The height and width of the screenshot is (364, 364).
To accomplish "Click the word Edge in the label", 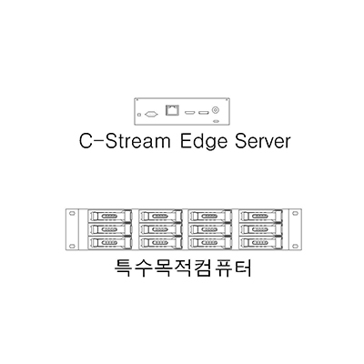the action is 204,142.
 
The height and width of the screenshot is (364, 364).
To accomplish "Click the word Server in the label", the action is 263,142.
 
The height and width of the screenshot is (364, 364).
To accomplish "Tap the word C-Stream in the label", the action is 125,142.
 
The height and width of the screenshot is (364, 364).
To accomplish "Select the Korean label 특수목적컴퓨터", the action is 183,268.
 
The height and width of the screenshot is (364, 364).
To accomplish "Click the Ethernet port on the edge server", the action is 172,110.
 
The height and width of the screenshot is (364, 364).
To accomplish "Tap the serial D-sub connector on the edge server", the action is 151,114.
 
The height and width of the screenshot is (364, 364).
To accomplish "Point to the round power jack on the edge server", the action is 216,110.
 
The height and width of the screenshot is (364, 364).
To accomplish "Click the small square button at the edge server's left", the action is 139,115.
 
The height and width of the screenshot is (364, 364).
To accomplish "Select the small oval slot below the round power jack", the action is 216,121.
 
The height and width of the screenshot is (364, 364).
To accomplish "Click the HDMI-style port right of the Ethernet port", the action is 189,113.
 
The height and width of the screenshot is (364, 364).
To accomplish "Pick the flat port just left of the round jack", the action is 204,113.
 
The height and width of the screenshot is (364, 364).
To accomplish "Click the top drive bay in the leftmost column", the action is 109,217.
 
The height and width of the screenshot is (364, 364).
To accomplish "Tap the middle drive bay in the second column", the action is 160,229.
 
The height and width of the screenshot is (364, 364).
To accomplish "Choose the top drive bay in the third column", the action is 210,217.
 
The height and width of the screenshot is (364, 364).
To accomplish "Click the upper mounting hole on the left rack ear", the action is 72,213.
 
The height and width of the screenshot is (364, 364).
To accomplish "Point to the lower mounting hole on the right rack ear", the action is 295,246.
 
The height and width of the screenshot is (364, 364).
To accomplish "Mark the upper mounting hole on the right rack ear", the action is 295,213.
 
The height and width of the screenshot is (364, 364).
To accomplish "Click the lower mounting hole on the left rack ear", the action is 72,246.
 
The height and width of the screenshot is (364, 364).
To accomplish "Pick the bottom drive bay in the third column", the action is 210,242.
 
